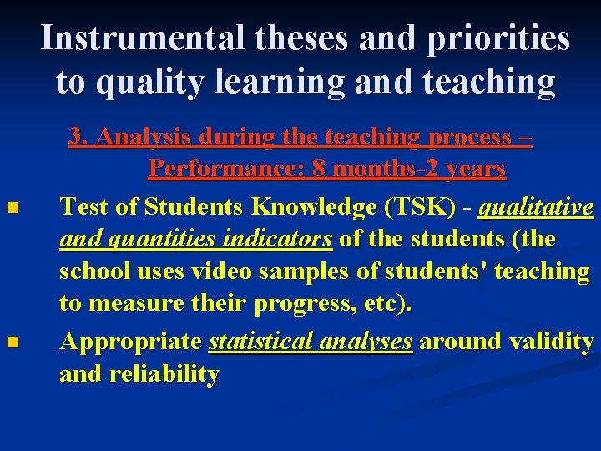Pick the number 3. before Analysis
[x=78, y=137]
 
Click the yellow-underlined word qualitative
[x=536, y=205]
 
